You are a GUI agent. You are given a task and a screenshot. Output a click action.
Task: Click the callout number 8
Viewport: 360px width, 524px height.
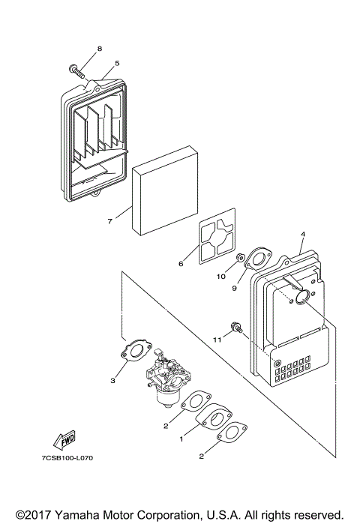point(99,49)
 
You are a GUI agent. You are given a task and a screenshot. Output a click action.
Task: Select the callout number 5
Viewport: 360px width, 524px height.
point(116,64)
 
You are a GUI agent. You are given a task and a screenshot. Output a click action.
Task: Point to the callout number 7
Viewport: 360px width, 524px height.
point(109,221)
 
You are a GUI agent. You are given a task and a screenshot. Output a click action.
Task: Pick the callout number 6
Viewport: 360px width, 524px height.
point(180,264)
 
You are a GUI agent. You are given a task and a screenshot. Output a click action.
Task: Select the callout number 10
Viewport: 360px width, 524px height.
point(221,277)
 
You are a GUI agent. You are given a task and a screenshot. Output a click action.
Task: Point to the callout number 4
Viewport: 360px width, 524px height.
point(302,235)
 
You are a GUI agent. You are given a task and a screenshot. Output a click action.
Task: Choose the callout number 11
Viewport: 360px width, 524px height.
point(217,339)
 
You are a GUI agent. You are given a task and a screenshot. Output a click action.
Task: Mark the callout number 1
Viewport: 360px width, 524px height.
point(181,439)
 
